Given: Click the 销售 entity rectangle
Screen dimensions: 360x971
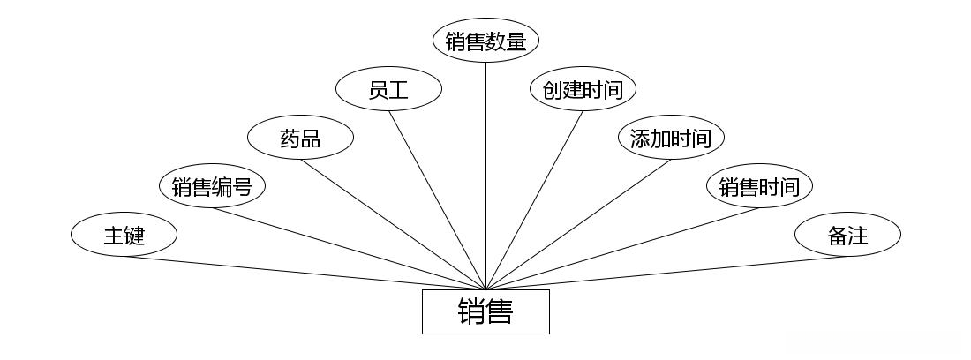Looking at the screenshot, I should pos(485,312).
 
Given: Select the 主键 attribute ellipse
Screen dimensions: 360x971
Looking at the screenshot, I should pos(124,236).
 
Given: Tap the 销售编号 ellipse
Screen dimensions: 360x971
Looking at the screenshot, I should pos(212,187).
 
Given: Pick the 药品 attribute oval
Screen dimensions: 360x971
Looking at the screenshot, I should pos(300,139).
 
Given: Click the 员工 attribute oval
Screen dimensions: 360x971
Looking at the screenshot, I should pos(388,89).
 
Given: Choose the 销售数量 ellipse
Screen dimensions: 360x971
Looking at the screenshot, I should pos(485,41).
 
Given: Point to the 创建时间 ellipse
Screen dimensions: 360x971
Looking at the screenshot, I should pos(583,89).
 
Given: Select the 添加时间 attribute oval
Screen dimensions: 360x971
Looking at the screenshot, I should pos(671,139).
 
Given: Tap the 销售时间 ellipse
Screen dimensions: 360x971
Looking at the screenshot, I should pos(759,187).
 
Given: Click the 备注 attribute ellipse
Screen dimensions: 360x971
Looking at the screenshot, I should pos(847,236).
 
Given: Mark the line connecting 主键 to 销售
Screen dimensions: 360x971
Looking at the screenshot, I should pos(305,273).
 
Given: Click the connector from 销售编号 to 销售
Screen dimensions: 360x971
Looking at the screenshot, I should pos(349,248).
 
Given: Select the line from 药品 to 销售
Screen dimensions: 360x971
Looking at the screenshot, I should pos(393,224).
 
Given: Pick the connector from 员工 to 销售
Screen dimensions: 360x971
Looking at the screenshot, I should pos(437,199).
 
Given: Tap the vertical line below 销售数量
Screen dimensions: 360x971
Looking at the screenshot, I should pos(485,176).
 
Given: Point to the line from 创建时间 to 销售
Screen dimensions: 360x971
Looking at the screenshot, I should pos(534,199).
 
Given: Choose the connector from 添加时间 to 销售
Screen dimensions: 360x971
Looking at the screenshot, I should pos(578,224).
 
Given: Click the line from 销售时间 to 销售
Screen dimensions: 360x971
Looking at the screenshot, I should pos(622,248).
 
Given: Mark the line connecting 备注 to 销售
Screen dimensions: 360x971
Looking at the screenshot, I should pos(666,273).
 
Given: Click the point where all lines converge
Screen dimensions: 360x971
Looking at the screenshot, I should pos(485,289).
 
